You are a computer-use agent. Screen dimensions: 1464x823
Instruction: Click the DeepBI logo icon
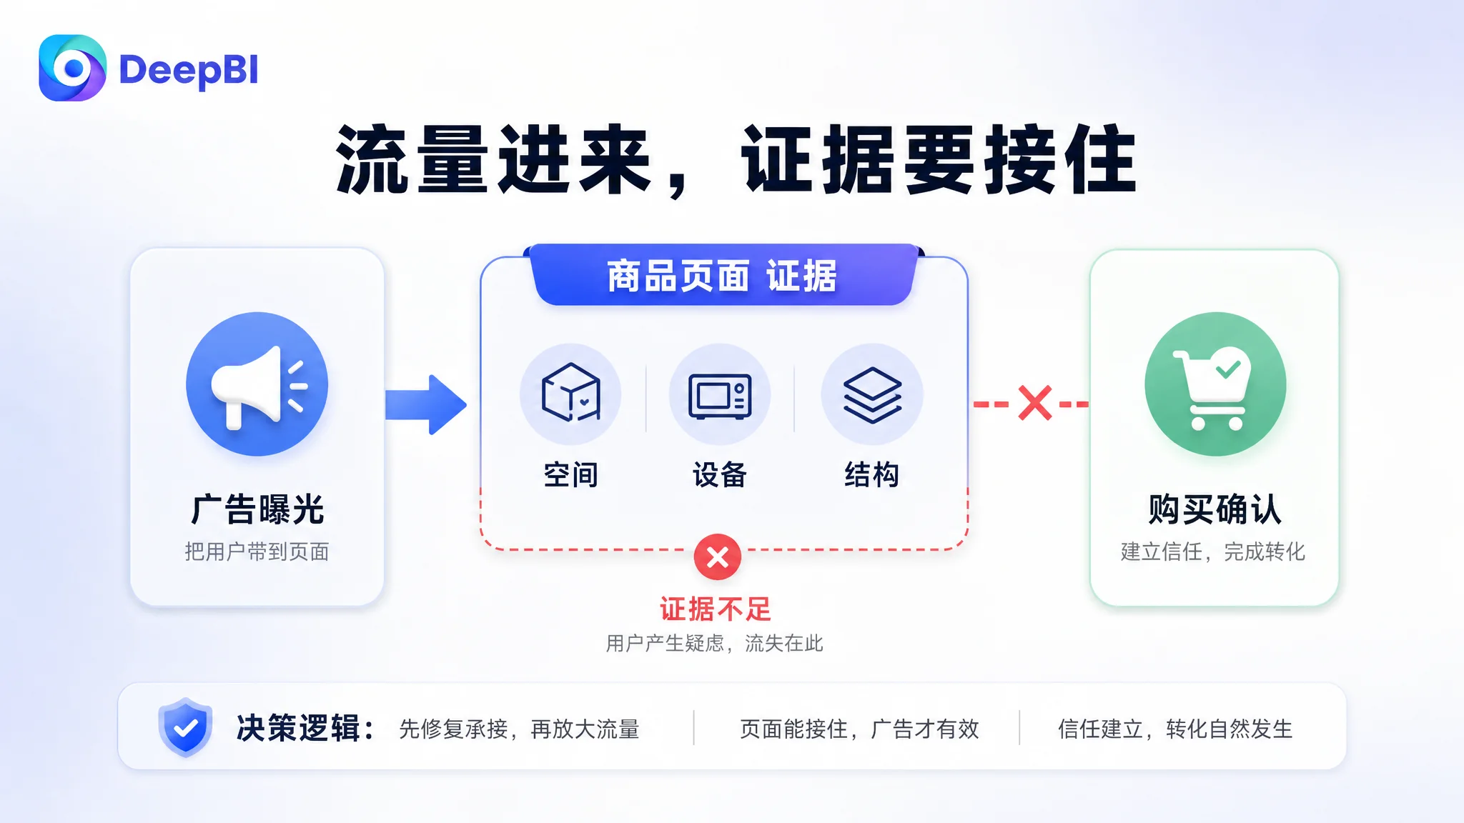72,68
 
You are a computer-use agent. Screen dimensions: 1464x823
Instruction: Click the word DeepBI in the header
189,70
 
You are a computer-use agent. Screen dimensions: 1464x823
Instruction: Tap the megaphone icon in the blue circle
258,386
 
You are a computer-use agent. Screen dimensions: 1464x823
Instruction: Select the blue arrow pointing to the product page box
426,404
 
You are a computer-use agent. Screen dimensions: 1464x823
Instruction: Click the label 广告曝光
257,509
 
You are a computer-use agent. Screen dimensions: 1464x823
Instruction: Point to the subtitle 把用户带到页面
257,552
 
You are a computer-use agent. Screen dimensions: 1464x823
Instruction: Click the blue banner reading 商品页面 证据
723,275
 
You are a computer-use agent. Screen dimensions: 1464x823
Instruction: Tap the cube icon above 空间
570,392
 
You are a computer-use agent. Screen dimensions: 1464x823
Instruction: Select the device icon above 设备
720,396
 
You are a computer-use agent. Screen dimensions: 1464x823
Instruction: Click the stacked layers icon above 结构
872,395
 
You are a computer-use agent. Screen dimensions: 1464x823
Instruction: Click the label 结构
872,474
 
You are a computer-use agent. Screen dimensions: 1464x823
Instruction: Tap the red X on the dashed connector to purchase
1034,403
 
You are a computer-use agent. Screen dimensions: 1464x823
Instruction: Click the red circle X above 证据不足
718,557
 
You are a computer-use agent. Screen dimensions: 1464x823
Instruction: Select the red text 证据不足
716,609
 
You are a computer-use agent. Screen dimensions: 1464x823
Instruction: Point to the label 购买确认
1215,509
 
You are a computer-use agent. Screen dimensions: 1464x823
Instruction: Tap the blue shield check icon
186,727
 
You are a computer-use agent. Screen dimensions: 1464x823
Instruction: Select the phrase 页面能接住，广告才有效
859,729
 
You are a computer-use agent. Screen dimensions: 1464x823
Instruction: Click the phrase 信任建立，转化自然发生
1176,729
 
